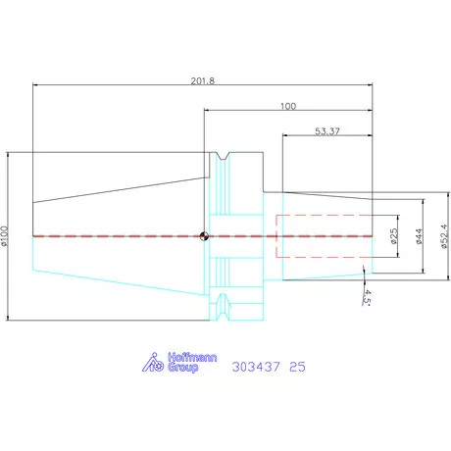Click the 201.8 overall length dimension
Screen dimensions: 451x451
tap(203, 81)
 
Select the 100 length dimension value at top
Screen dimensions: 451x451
tap(288, 106)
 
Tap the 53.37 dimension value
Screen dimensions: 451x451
tap(327, 131)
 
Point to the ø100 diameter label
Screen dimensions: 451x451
tap(4, 235)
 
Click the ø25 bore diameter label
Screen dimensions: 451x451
tap(394, 236)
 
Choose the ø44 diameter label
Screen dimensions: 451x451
tap(419, 236)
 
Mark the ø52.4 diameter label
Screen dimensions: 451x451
tap(444, 236)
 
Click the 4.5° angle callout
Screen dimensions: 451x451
tap(367, 297)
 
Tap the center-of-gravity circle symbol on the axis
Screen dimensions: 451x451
tap(204, 236)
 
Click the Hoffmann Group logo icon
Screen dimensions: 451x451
tap(153, 363)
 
